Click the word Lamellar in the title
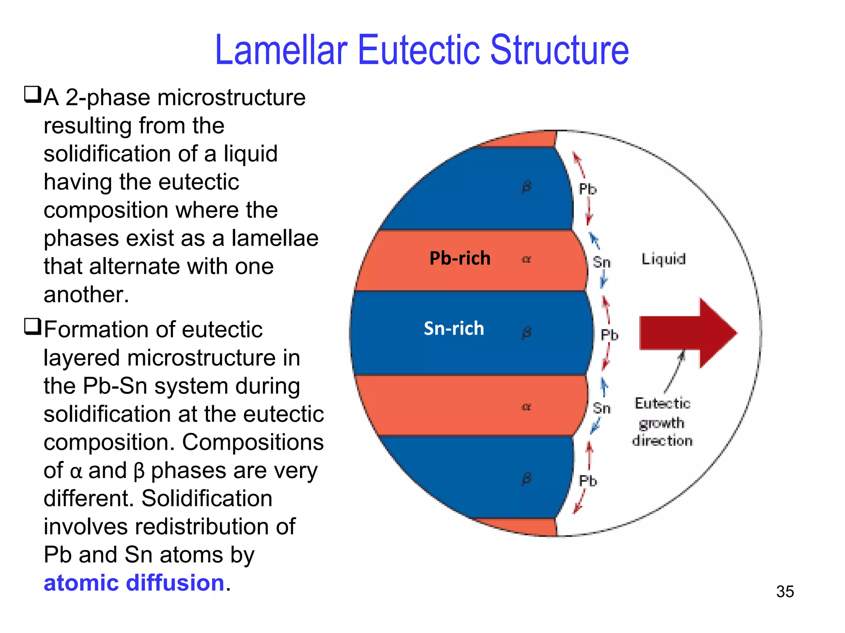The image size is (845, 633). tap(281, 50)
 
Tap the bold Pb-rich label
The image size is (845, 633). tap(460, 258)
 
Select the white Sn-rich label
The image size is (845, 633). tap(453, 328)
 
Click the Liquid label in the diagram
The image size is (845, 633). tap(663, 259)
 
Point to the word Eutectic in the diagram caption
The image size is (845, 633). tap(662, 403)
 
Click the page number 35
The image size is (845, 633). tap(785, 591)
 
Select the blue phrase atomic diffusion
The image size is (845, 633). tap(134, 583)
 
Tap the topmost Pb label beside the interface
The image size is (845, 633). tap(588, 189)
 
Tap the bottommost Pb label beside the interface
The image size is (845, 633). tap(588, 481)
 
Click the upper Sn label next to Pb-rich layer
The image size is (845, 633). tap(602, 262)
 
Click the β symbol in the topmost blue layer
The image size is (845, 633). tap(526, 187)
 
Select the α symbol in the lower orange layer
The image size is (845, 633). tap(526, 407)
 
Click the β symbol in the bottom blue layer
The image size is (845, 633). tap(526, 478)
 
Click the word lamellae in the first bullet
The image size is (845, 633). tap(275, 239)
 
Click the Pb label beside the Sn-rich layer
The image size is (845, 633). tap(609, 335)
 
